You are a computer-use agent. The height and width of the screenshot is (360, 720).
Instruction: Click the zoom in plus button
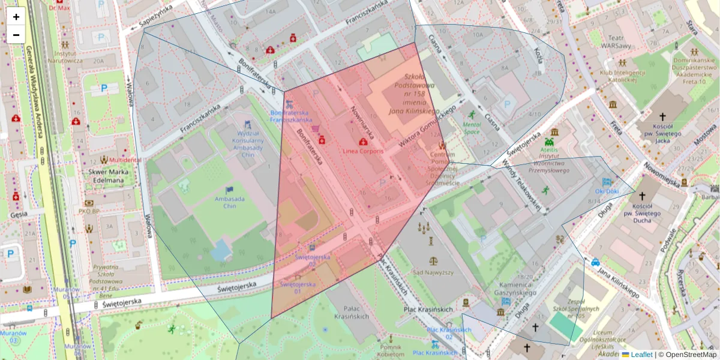click(16, 17)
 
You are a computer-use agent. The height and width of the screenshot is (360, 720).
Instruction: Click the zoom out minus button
click(16, 35)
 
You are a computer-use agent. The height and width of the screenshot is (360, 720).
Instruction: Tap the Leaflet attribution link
click(641, 355)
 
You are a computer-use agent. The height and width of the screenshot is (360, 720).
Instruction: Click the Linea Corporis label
click(363, 150)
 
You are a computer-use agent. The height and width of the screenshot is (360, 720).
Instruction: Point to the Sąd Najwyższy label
click(433, 272)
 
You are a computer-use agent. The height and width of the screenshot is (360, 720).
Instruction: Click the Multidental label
click(125, 160)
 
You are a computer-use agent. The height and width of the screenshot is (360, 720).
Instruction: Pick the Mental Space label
click(472, 128)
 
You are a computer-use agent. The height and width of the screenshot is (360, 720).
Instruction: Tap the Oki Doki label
click(607, 191)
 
